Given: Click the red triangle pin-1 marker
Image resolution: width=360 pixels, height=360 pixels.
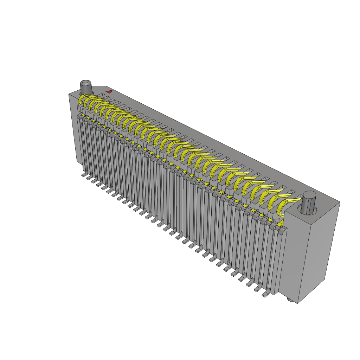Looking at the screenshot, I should [109, 92].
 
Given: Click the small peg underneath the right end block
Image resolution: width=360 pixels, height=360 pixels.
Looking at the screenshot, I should [290, 300].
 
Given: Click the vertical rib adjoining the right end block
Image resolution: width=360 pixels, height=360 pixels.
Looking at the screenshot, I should [281, 260].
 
